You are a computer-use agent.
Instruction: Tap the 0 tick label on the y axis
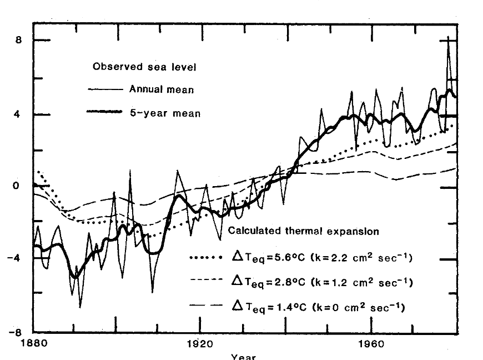pyautogui.click(x=17, y=186)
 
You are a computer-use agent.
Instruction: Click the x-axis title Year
pyautogui.click(x=243, y=357)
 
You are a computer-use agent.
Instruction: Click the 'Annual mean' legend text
pyautogui.click(x=162, y=89)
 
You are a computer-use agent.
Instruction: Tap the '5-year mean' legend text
pyautogui.click(x=165, y=113)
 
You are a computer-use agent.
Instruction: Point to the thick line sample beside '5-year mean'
pyautogui.click(x=104, y=112)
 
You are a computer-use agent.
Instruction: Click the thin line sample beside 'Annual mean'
pyautogui.click(x=104, y=89)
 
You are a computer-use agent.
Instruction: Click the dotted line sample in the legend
pyautogui.click(x=207, y=258)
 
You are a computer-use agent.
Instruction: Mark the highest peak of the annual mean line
pyautogui.click(x=448, y=38)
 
